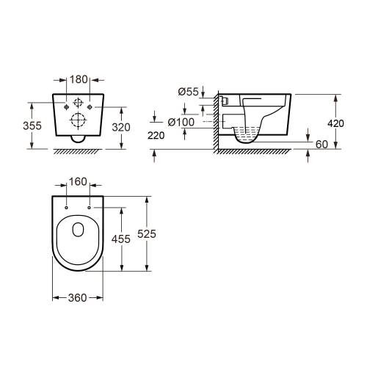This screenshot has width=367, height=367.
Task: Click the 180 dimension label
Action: pyautogui.click(x=79, y=79)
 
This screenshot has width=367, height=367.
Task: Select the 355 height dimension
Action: pyautogui.click(x=32, y=126)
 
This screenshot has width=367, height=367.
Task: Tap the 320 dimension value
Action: pyautogui.click(x=121, y=127)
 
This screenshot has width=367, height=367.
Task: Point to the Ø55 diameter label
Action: pyautogui.click(x=189, y=92)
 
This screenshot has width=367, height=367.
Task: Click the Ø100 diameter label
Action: pyautogui.click(x=181, y=122)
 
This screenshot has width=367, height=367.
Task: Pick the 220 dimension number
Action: pyautogui.click(x=156, y=135)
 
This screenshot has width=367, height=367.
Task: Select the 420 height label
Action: pyautogui.click(x=335, y=123)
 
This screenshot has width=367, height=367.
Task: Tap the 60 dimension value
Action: pyautogui.click(x=321, y=145)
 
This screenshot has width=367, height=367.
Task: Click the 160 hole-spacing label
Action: pyautogui.click(x=78, y=182)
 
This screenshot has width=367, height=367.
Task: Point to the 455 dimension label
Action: pyautogui.click(x=121, y=239)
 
